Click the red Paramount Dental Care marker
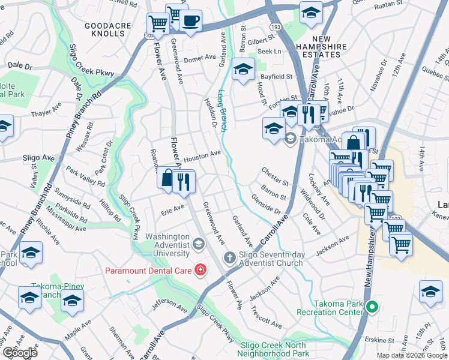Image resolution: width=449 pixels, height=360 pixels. click(x=199, y=271)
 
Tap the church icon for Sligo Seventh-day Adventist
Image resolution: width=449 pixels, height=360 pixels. click(x=229, y=258)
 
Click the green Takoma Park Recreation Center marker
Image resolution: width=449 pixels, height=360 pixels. click(x=372, y=308)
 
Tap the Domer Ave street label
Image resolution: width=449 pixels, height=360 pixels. click(x=200, y=59)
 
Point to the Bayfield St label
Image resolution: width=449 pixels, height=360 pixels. click(x=276, y=77)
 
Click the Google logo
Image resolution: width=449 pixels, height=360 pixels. click(x=20, y=353)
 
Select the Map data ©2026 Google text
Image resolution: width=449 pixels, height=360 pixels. click(x=411, y=355)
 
